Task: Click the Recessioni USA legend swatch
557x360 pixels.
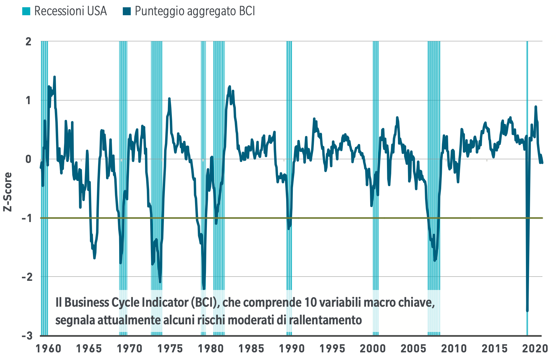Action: pos(26,11)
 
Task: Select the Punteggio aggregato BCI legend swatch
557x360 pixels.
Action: pos(126,11)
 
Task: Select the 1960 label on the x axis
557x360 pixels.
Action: pos(48,348)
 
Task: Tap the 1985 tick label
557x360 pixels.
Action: pos(251,348)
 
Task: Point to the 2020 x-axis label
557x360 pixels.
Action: pos(535,348)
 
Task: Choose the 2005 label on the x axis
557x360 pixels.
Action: pos(413,348)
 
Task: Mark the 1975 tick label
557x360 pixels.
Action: pos(170,348)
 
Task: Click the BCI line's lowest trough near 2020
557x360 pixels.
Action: pos(527,311)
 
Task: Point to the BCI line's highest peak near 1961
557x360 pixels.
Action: pos(55,77)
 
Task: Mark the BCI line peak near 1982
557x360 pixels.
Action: pos(230,86)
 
